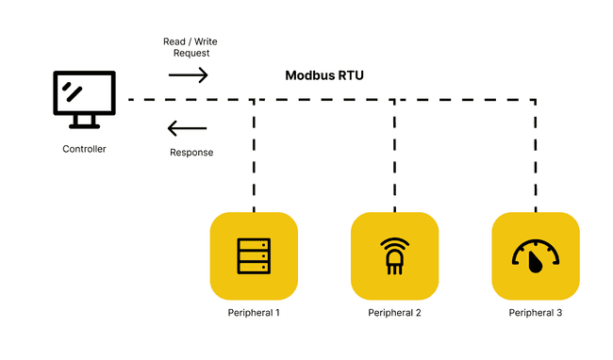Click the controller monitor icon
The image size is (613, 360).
(84, 94)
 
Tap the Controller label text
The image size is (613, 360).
(84, 149)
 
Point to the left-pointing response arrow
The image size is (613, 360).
(187, 128)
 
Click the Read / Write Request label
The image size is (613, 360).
(191, 47)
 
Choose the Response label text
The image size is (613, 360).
(191, 153)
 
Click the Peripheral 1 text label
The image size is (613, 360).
(254, 313)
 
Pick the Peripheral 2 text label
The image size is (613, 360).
(394, 313)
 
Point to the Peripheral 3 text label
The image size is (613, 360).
(535, 313)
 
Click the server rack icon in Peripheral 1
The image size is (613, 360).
(254, 254)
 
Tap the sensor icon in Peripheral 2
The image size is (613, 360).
(394, 255)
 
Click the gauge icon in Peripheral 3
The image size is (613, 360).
(535, 255)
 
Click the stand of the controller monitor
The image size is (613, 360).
(84, 122)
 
